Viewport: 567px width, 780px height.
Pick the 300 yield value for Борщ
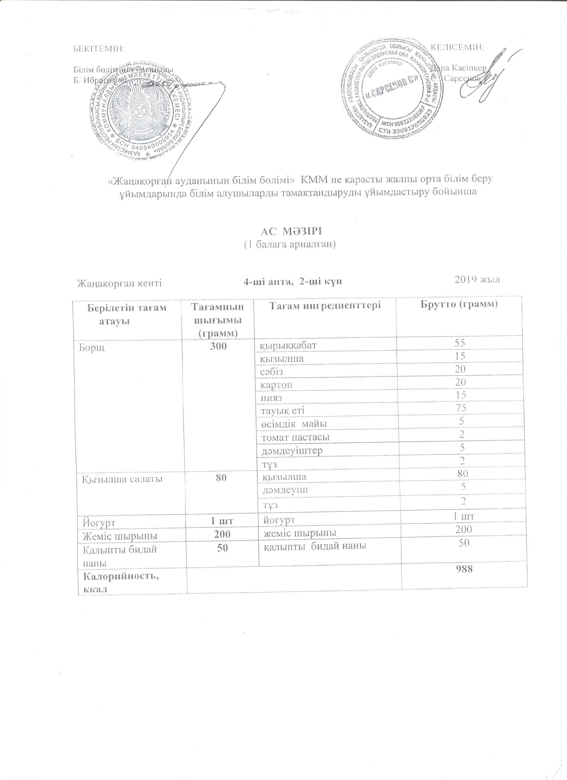pos(219,346)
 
